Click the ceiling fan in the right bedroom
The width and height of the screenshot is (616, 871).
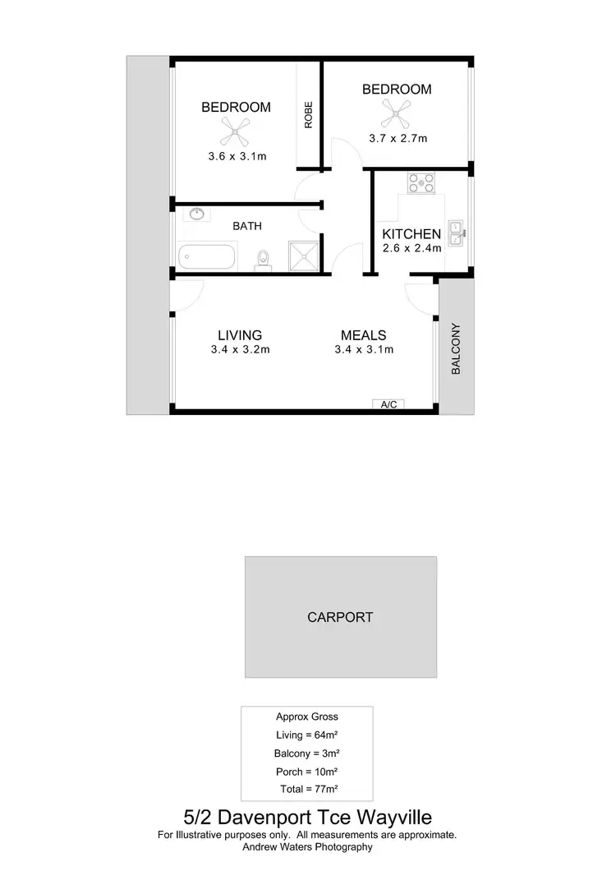point(397,110)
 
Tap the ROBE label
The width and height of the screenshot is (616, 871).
point(309,117)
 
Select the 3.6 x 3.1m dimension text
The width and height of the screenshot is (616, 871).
point(237,156)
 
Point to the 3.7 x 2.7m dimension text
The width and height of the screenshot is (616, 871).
point(398,139)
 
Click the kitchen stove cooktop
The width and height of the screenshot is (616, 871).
point(421,183)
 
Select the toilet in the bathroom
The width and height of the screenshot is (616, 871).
point(263,258)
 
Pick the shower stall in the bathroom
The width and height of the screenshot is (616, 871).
point(303,256)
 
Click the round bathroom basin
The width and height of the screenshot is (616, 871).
point(196,215)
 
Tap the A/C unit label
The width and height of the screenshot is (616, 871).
point(389,404)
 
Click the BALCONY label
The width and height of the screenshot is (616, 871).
point(457,349)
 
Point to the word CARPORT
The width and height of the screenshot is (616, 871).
point(340,617)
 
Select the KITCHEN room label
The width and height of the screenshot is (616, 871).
point(411,234)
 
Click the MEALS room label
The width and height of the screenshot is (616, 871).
point(364,335)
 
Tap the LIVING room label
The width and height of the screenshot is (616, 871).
point(240,335)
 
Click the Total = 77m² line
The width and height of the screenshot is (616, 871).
point(307,789)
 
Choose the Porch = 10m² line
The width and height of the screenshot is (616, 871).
point(306,771)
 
